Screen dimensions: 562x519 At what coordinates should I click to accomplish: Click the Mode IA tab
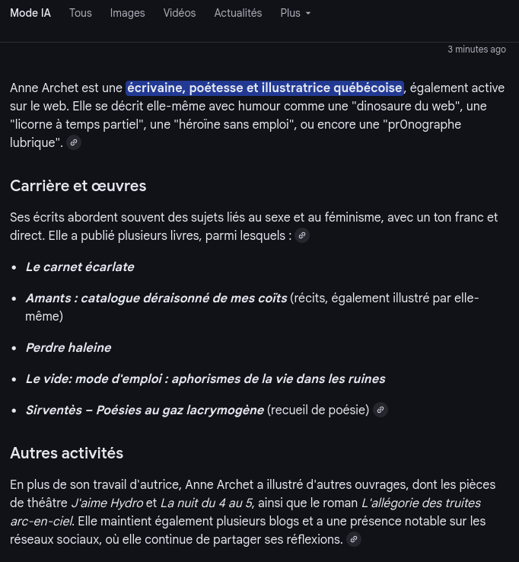(30, 13)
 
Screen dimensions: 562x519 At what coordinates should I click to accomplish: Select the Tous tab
(80, 13)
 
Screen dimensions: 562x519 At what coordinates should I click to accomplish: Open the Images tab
(127, 13)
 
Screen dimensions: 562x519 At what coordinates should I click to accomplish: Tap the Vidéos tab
(180, 13)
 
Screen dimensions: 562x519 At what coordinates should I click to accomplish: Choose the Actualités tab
(238, 13)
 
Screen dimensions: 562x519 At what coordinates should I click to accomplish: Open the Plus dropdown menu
(295, 13)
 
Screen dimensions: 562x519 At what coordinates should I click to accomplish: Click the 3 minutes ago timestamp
(476, 49)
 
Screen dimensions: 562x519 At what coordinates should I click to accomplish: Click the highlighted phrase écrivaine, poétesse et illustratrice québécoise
(264, 88)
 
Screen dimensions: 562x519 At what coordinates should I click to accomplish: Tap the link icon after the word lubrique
(74, 142)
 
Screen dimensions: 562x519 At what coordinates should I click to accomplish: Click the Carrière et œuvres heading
(78, 186)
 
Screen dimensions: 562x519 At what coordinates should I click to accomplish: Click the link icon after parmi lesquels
(302, 235)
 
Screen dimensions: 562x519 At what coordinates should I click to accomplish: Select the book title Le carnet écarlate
(80, 267)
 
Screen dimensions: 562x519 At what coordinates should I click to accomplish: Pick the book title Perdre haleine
(68, 347)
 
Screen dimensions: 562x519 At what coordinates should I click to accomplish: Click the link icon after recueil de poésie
(380, 410)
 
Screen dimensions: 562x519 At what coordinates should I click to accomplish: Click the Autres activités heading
(67, 453)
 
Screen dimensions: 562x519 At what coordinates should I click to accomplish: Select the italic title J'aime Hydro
(107, 503)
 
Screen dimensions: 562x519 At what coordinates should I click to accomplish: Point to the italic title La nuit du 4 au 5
(206, 503)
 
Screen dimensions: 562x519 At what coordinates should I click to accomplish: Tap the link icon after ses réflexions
(353, 539)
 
